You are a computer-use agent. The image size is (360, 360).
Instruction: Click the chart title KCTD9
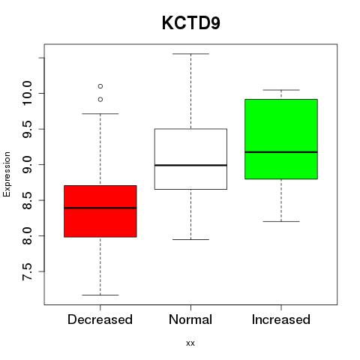(191, 23)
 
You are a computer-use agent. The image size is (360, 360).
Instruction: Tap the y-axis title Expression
(7, 174)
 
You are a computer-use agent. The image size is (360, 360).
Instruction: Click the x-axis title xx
(190, 343)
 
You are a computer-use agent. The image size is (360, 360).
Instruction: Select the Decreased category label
(100, 319)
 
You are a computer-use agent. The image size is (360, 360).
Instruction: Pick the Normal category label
(190, 319)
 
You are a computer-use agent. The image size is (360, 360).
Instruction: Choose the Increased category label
(281, 319)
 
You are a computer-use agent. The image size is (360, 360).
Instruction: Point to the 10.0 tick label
(27, 94)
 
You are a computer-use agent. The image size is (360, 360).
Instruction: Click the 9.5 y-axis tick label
(27, 129)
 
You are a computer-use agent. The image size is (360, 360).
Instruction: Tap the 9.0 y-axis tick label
(27, 165)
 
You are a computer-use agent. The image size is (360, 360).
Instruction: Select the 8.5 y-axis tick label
(27, 200)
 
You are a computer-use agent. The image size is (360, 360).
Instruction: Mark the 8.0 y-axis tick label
(27, 235)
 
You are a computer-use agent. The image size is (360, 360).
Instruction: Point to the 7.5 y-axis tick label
(27, 271)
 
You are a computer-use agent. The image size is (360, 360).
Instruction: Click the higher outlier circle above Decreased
(100, 86)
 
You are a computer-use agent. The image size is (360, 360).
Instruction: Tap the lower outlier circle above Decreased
(100, 100)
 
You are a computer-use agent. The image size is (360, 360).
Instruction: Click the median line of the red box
(100, 208)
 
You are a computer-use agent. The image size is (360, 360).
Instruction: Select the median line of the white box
(190, 165)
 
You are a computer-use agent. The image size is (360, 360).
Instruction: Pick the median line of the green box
(281, 152)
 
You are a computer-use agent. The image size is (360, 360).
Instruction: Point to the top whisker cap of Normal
(191, 54)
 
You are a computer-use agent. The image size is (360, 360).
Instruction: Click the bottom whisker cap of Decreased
(100, 295)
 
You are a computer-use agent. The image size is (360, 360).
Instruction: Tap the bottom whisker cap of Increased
(281, 221)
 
